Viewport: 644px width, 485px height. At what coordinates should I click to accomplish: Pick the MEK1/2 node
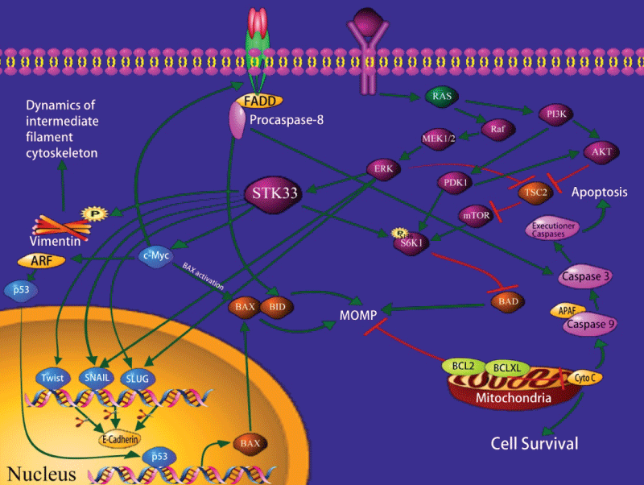pos(439,139)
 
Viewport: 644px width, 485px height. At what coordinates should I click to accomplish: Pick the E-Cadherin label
pos(120,440)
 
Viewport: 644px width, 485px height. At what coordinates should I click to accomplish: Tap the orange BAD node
pos(507,301)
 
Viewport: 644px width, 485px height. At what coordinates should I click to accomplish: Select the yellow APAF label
pos(562,311)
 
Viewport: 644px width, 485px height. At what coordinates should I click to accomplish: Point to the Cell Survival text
pos(535,442)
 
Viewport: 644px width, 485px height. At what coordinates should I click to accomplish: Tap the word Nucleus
pos(42,473)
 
